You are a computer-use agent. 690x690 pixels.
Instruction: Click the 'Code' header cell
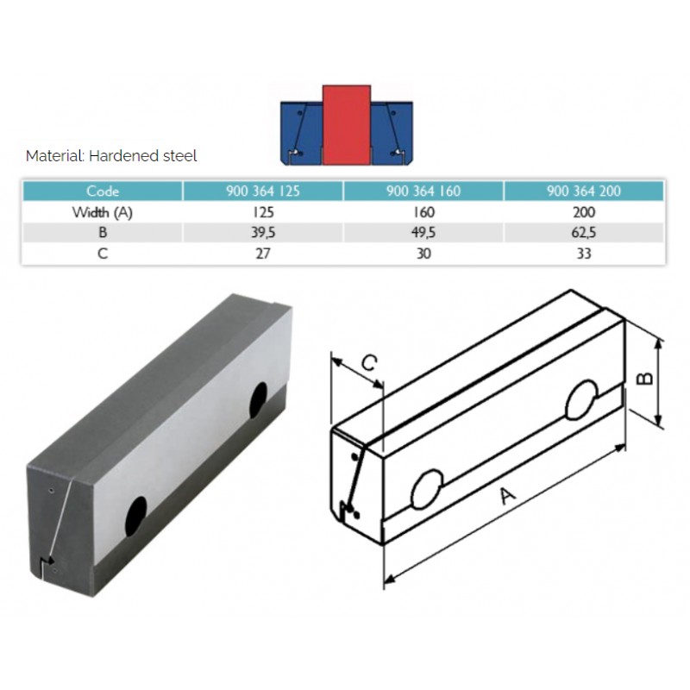point(103,191)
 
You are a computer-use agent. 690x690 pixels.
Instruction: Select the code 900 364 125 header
point(263,191)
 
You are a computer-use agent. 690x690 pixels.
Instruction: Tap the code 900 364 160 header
point(423,191)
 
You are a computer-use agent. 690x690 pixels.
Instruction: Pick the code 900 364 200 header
point(584,191)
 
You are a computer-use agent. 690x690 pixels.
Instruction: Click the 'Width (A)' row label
point(103,212)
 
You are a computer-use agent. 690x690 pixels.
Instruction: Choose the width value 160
point(423,212)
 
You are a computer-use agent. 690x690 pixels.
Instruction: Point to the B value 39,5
point(263,232)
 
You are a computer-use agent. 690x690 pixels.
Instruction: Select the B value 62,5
point(584,232)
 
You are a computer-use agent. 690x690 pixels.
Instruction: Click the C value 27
point(263,254)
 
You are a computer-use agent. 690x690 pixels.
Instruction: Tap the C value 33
point(584,254)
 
